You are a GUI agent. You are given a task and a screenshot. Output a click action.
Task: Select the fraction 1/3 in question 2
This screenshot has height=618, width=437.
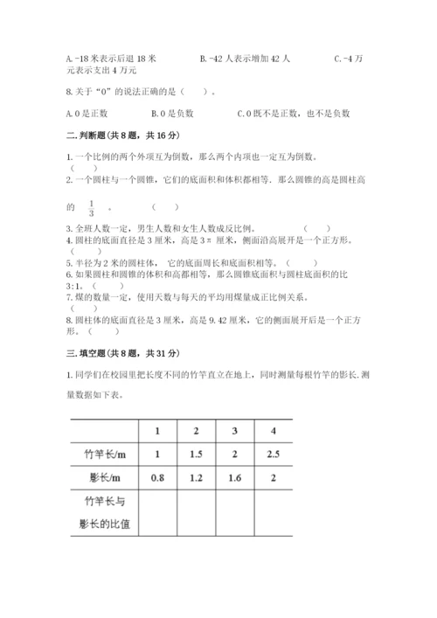tap(91, 208)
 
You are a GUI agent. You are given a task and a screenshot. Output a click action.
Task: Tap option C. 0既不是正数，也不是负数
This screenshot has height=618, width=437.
tap(294, 113)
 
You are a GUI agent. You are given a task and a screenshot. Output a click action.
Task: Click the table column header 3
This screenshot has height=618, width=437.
tap(234, 432)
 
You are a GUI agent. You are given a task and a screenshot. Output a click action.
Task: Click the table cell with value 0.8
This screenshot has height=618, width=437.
tap(157, 479)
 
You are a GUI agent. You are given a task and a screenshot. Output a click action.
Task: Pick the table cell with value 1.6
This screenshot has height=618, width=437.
tap(234, 479)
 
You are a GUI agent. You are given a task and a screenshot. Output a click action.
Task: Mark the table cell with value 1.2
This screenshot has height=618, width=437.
tap(196, 479)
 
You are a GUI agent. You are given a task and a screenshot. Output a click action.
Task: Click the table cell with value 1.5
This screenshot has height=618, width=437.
tap(196, 455)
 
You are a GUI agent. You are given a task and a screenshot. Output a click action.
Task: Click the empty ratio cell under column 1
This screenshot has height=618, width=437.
tap(157, 514)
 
